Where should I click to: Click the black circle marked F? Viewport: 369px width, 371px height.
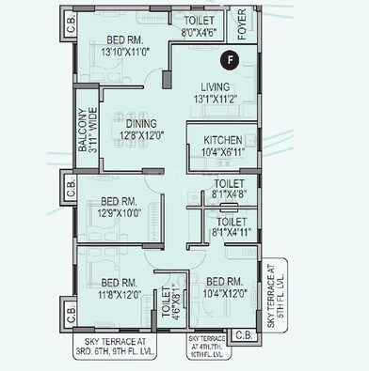[x=228, y=61]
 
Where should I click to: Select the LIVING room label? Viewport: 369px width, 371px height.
[x=216, y=86]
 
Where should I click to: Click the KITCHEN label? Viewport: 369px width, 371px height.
[x=222, y=140]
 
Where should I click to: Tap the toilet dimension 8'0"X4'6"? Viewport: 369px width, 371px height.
[x=198, y=32]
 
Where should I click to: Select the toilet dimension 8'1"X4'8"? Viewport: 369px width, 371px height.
[x=231, y=195]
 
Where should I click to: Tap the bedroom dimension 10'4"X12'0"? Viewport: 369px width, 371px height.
[x=226, y=293]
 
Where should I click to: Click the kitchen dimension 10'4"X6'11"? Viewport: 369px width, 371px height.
[x=223, y=151]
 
